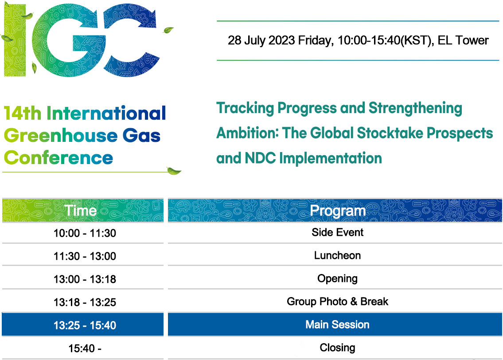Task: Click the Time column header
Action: tap(82, 211)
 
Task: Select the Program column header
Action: tap(335, 211)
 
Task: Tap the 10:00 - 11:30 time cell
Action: tap(85, 233)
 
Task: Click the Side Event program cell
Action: tap(337, 232)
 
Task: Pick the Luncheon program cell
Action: tap(337, 255)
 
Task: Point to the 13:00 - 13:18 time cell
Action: tap(85, 279)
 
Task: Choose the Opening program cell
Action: tap(337, 278)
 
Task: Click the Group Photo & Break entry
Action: tap(337, 301)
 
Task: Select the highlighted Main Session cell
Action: tap(335, 325)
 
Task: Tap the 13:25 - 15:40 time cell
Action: tap(82, 325)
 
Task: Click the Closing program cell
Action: tap(337, 348)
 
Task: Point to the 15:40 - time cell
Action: tap(85, 348)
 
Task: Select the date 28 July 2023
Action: tap(261, 41)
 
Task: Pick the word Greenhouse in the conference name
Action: tap(61, 135)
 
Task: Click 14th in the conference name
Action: tap(23, 113)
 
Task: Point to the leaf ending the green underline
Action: tap(174, 171)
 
